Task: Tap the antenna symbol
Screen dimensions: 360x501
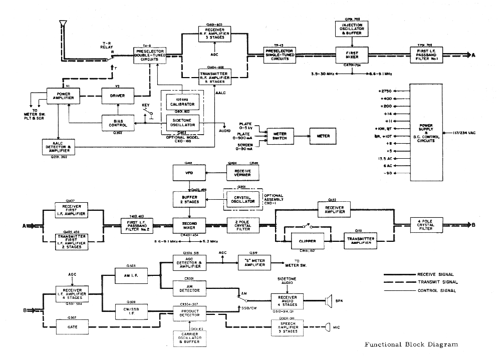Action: coord(62,24)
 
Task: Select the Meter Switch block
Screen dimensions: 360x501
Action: coord(280,136)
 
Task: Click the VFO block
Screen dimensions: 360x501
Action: coord(188,173)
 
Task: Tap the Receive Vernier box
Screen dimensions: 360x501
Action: coord(243,173)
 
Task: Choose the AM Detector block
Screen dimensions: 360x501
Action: coord(189,288)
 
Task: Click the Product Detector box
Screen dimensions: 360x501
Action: coord(189,313)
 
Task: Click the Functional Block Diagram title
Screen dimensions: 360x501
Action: coord(411,344)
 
